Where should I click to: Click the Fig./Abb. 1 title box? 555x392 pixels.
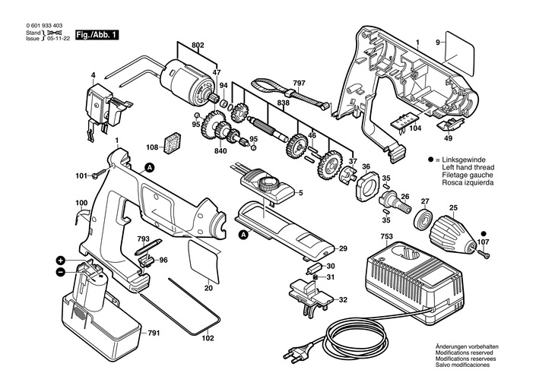pyautogui.click(x=97, y=35)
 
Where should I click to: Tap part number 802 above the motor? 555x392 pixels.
pyautogui.click(x=198, y=46)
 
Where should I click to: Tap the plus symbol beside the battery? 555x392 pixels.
pyautogui.click(x=61, y=261)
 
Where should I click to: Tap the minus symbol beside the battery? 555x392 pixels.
pyautogui.click(x=60, y=272)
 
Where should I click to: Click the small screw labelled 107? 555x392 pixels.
pyautogui.click(x=484, y=253)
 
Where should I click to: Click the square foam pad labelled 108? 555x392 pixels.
pyautogui.click(x=173, y=144)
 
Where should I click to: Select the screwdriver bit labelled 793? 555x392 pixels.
pyautogui.click(x=148, y=248)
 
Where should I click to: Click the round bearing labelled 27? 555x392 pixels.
pyautogui.click(x=423, y=220)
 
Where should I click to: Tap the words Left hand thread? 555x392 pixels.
pyautogui.click(x=468, y=167)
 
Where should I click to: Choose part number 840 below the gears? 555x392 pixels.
pyautogui.click(x=220, y=151)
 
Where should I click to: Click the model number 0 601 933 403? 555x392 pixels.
pyautogui.click(x=45, y=26)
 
